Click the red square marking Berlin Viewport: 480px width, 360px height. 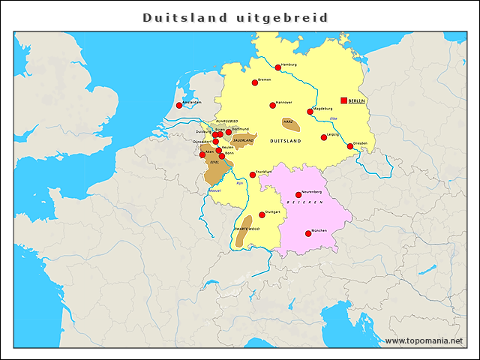tap(344, 100)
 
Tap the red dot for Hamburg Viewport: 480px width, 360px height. tap(278, 67)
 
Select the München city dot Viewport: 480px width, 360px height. tap(307, 233)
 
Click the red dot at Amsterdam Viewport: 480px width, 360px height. tap(179, 106)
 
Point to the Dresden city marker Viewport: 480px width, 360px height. tap(349, 146)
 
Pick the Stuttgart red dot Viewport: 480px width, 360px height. tap(262, 214)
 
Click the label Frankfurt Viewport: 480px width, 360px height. tap(264, 172)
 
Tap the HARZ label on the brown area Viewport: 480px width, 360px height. tap(288, 121)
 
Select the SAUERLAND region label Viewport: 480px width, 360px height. tap(243, 139)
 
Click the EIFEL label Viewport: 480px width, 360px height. tap(214, 161)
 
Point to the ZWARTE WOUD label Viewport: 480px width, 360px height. tap(247, 228)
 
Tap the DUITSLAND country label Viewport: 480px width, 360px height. tap(285, 141)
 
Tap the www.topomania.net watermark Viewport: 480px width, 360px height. tap(424, 341)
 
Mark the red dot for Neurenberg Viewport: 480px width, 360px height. tap(298, 195)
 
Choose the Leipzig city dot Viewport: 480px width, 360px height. tap(324, 137)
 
